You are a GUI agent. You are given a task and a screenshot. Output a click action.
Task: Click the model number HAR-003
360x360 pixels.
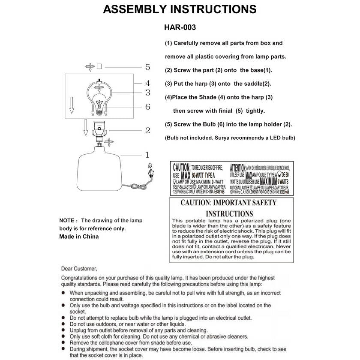click(x=180, y=27)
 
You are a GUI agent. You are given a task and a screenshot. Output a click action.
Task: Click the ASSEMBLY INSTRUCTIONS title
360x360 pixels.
click(x=180, y=9)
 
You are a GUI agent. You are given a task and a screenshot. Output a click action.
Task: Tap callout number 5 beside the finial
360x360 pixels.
click(x=147, y=67)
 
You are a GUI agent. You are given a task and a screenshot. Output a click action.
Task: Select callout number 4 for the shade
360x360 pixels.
click(x=147, y=83)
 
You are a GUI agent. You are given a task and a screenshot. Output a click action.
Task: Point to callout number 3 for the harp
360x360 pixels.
click(x=147, y=92)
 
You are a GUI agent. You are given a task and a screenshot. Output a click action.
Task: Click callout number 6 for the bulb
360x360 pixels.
click(x=147, y=107)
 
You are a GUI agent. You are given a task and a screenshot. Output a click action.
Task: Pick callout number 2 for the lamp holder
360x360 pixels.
click(x=147, y=130)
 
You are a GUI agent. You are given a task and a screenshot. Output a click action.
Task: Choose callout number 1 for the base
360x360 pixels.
click(x=147, y=155)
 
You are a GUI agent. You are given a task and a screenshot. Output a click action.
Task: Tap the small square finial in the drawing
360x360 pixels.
click(x=99, y=66)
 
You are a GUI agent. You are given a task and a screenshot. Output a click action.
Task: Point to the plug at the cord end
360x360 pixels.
click(x=150, y=173)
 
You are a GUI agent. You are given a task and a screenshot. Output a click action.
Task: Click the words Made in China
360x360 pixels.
click(x=79, y=237)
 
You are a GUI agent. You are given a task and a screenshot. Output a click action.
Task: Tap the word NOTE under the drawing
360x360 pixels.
click(x=67, y=220)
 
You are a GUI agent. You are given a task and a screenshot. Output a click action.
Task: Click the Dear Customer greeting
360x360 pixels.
click(x=79, y=269)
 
